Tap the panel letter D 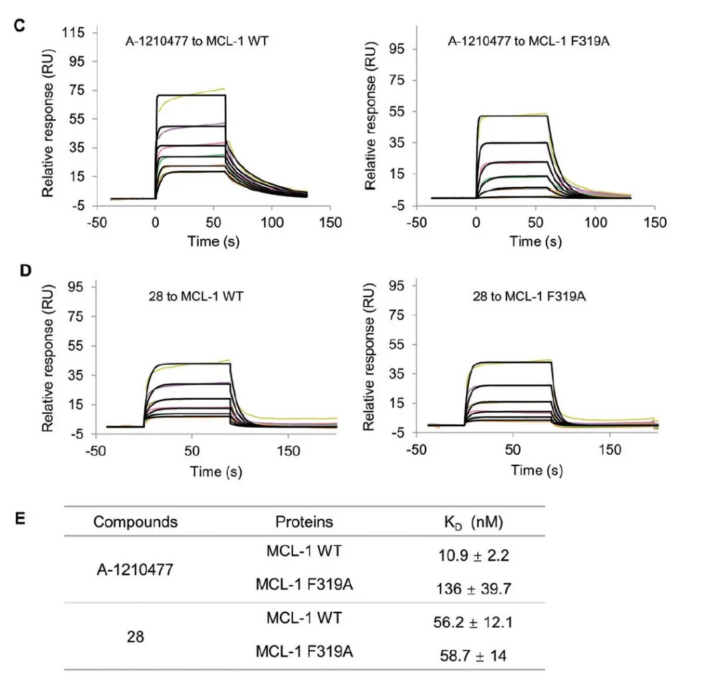[x=25, y=272]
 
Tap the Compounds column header [x=136, y=521]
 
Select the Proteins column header [x=304, y=521]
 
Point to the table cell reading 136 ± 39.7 [x=470, y=587]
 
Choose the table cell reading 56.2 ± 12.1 [x=470, y=623]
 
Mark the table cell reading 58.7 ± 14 [x=470, y=656]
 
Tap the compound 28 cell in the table [x=135, y=638]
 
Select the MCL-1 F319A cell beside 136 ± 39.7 [x=304, y=584]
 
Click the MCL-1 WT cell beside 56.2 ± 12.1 [x=304, y=618]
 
